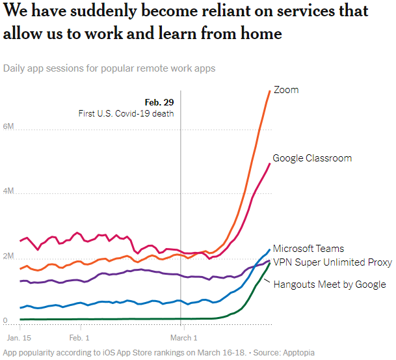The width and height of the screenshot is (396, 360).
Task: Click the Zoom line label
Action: (x=286, y=90)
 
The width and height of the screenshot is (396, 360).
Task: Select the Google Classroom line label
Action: (x=312, y=158)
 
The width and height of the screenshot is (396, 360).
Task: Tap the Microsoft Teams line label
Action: (x=308, y=249)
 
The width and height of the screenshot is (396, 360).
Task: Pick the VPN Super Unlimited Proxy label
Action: (x=332, y=262)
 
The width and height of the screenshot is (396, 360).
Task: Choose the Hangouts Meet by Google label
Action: (x=329, y=284)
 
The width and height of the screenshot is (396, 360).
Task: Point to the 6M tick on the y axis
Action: (x=8, y=126)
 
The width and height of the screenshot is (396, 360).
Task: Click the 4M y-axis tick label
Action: (x=8, y=192)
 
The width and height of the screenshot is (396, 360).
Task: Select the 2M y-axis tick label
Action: (x=8, y=256)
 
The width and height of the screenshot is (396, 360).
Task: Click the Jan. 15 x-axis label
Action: (x=19, y=338)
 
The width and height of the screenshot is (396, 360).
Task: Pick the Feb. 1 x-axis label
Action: (x=79, y=338)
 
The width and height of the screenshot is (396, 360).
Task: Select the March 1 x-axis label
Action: (x=184, y=338)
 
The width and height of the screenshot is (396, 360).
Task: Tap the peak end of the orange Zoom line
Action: (x=270, y=90)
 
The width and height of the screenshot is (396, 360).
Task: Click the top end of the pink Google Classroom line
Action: (x=270, y=163)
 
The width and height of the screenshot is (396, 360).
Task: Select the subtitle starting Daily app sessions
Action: (x=109, y=68)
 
